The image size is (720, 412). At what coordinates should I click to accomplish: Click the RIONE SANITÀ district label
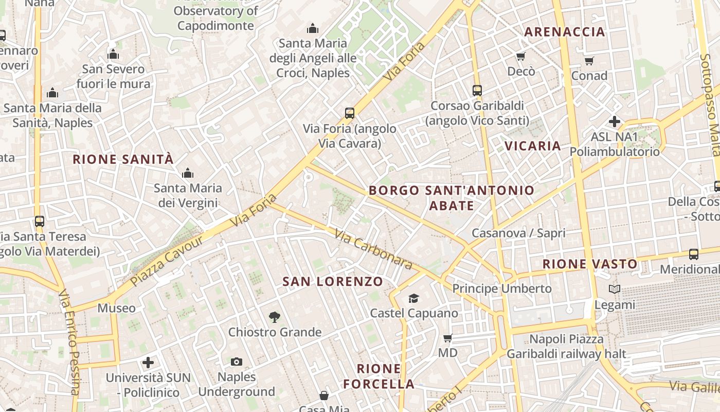tap(123, 159)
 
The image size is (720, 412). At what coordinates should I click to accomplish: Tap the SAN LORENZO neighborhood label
tap(333, 282)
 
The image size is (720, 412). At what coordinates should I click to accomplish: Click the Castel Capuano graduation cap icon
tap(413, 299)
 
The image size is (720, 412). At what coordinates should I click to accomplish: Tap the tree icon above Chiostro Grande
tap(275, 317)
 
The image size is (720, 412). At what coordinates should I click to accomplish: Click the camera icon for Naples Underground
tap(237, 362)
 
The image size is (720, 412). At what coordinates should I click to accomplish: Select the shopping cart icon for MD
tap(447, 338)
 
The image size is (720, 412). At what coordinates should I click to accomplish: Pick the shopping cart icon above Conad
tap(589, 61)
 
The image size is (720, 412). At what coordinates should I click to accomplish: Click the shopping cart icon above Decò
tap(521, 57)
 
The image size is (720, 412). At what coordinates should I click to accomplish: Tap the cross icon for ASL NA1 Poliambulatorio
tap(614, 122)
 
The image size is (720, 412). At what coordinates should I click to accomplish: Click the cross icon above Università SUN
tap(148, 363)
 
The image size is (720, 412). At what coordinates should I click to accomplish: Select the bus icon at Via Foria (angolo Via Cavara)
tap(350, 113)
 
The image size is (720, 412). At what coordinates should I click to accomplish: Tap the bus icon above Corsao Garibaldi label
tap(477, 91)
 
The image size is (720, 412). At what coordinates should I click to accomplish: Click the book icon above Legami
tap(615, 289)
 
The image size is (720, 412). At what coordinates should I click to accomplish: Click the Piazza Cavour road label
tap(160, 264)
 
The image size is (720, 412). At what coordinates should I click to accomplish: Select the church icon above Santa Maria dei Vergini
tap(188, 173)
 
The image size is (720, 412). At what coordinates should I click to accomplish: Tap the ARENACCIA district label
tap(564, 32)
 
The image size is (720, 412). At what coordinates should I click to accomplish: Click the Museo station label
tap(117, 308)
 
